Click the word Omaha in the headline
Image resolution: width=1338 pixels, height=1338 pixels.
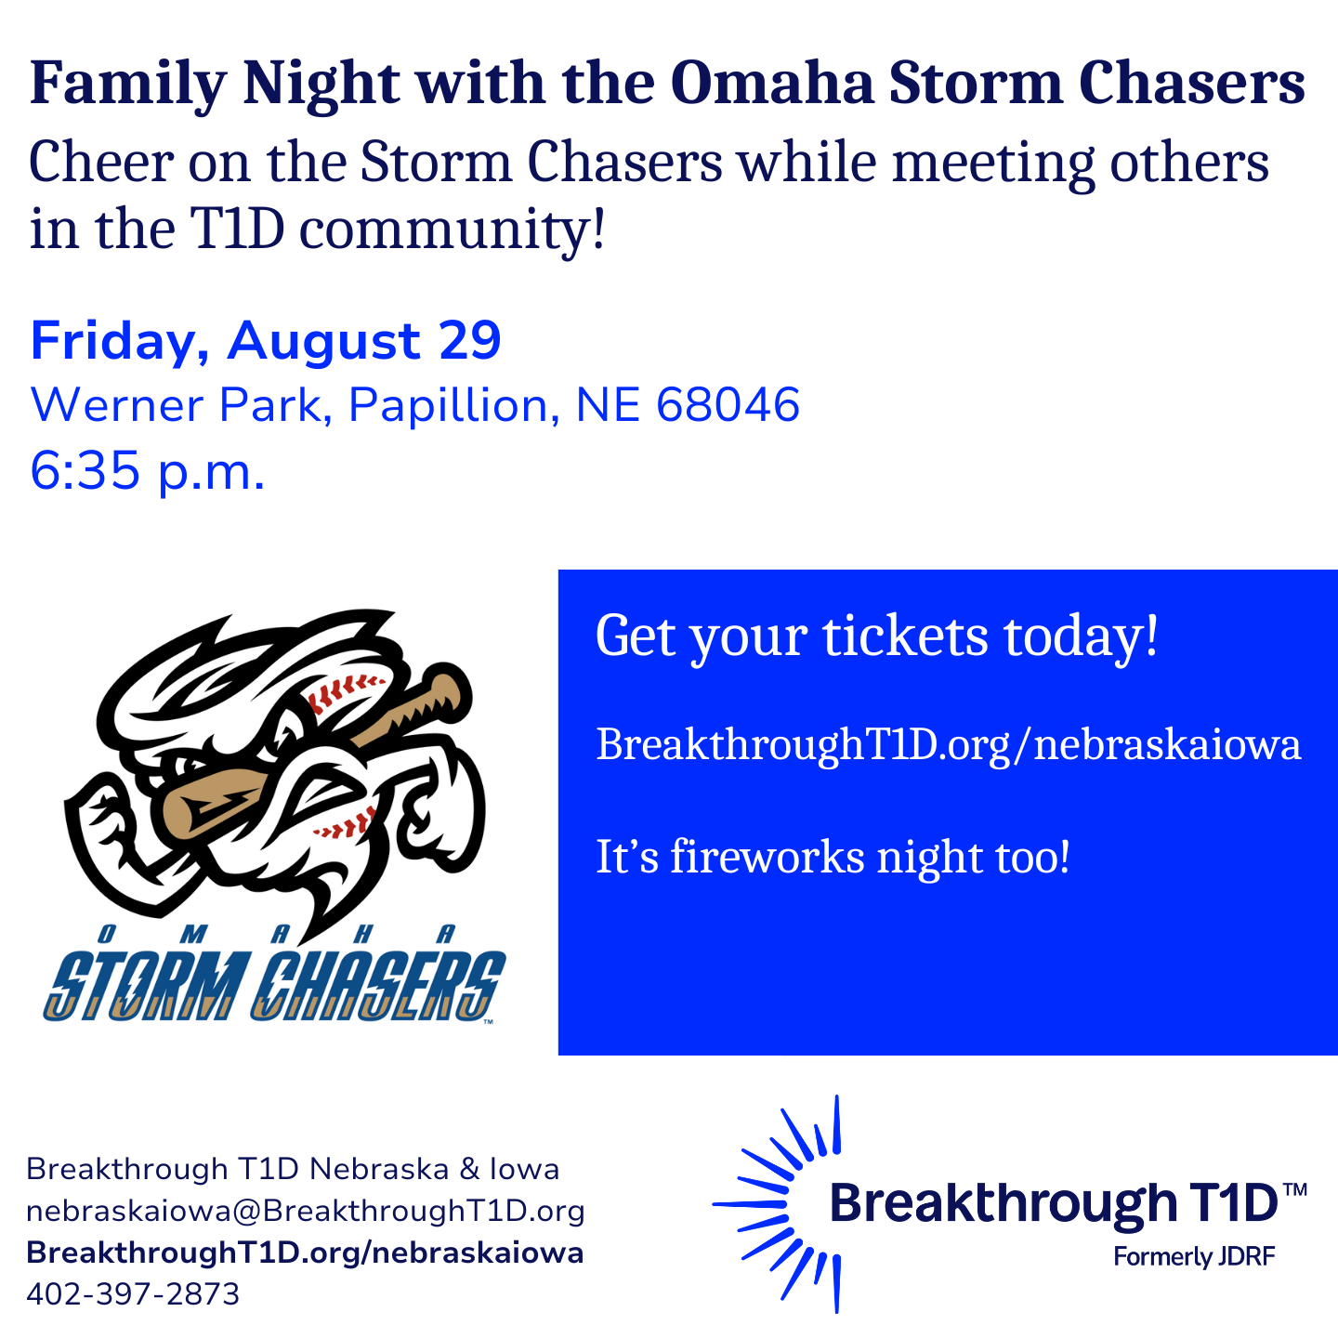[772, 84]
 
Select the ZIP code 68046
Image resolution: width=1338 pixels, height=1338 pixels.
[728, 405]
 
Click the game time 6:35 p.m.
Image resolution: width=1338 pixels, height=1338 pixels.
[147, 471]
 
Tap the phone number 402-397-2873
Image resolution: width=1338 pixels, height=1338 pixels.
[133, 1293]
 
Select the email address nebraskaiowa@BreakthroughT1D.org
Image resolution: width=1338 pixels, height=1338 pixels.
[306, 1212]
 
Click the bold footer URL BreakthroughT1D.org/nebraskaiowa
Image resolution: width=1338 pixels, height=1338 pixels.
[305, 1253]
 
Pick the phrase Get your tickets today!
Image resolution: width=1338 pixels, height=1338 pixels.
[877, 636]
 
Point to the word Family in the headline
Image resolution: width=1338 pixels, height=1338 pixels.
[128, 85]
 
